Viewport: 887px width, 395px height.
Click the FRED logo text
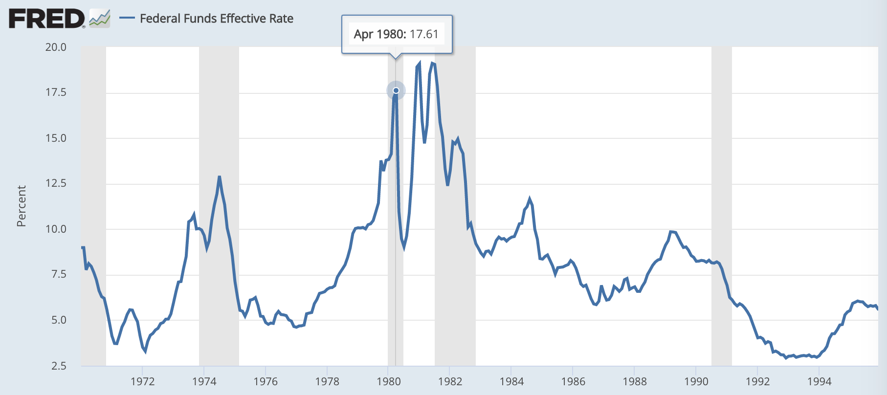click(46, 19)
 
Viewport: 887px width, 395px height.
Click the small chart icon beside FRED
click(100, 19)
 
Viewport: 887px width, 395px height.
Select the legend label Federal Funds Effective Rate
click(217, 19)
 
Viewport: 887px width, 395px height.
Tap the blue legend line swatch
click(127, 19)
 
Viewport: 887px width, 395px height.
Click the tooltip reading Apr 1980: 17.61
click(397, 34)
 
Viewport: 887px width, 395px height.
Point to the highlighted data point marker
click(396, 90)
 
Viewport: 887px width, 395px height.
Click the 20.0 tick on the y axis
click(56, 47)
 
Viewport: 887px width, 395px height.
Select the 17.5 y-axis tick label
click(56, 92)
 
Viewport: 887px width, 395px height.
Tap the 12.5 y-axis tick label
click(56, 183)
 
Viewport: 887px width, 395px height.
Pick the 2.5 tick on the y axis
click(58, 366)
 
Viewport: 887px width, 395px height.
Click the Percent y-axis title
click(21, 206)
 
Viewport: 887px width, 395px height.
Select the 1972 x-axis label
click(142, 382)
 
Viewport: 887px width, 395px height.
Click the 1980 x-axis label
click(389, 382)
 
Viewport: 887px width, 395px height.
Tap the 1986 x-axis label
click(573, 382)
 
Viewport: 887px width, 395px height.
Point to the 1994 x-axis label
click(819, 382)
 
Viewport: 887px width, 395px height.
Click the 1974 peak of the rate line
click(220, 177)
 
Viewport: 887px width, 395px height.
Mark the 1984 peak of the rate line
click(530, 199)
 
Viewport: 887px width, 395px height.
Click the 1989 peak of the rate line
click(671, 231)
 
